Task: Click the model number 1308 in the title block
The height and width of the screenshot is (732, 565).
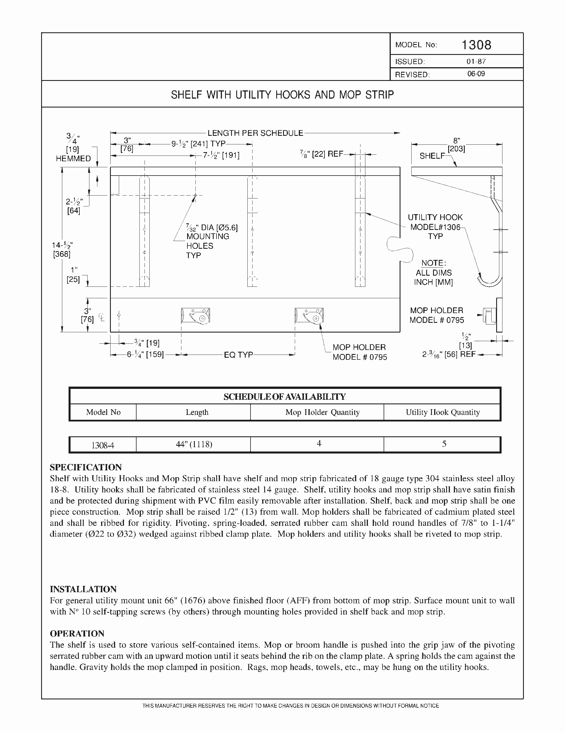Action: click(x=476, y=45)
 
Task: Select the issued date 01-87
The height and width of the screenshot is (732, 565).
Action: click(x=476, y=62)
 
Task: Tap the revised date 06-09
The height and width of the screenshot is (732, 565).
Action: click(x=476, y=74)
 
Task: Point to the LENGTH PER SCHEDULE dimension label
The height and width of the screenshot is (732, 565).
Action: click(x=255, y=133)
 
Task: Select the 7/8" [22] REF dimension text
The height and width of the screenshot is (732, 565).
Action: click(x=322, y=154)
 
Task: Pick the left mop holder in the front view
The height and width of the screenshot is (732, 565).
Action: click(x=196, y=316)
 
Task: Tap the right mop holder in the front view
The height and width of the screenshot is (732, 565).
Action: click(x=309, y=316)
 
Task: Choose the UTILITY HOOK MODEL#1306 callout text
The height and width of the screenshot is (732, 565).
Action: click(x=435, y=227)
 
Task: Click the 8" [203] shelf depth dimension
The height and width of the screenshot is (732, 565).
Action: click(x=456, y=145)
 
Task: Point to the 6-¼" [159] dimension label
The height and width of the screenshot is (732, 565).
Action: click(x=145, y=355)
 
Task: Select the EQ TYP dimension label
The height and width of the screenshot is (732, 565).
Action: click(x=238, y=355)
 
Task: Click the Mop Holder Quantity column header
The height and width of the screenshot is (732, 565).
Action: click(x=322, y=412)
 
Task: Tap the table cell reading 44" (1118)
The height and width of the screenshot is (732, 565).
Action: click(x=194, y=444)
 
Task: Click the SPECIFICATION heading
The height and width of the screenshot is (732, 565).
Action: click(x=86, y=467)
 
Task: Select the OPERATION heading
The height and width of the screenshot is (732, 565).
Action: click(x=77, y=633)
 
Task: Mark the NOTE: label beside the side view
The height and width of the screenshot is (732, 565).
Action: click(x=433, y=263)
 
